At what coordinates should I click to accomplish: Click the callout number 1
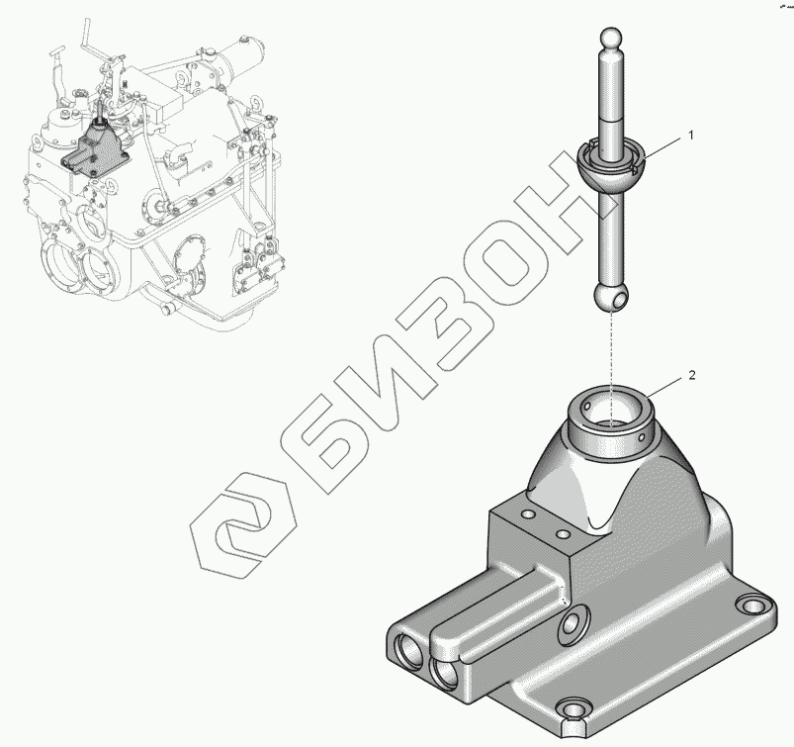(x=690, y=136)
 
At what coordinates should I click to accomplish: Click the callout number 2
(x=692, y=375)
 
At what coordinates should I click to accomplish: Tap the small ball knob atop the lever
(x=610, y=38)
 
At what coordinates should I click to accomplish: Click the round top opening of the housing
(x=611, y=406)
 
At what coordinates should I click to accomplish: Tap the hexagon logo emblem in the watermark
(x=243, y=525)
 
